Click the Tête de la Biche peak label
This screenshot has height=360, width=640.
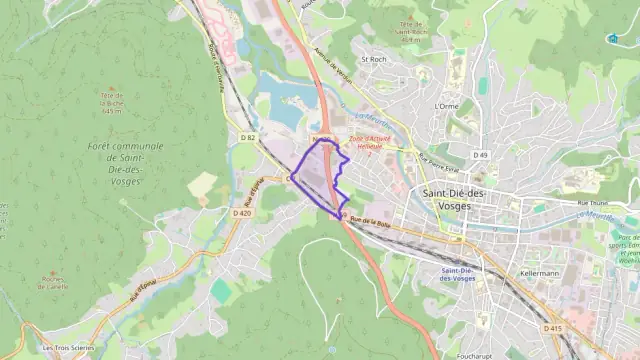pyautogui.click(x=111, y=101)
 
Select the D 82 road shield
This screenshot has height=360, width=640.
pyautogui.click(x=249, y=137)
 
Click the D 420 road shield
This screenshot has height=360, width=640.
pyautogui.click(x=241, y=213)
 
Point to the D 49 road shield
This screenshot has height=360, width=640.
pyautogui.click(x=481, y=155)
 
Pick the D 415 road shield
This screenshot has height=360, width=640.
pyautogui.click(x=553, y=328)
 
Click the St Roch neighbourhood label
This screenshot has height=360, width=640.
pyautogui.click(x=373, y=59)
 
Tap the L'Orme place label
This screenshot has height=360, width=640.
pyautogui.click(x=446, y=105)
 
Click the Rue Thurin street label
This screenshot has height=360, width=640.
pyautogui.click(x=592, y=202)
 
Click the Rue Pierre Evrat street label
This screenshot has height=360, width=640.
pyautogui.click(x=437, y=159)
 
